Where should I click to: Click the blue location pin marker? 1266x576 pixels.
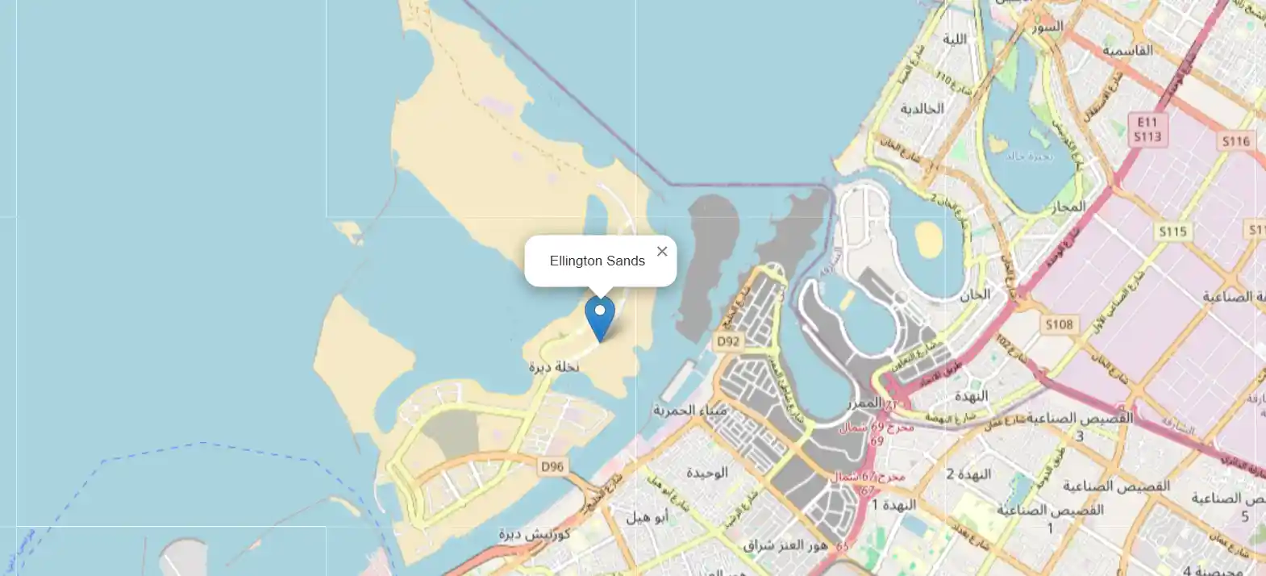coord(599,317)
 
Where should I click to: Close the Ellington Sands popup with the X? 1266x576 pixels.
coord(662,252)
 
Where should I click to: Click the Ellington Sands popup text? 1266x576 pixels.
coord(598,261)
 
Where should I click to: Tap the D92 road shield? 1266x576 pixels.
coord(728,341)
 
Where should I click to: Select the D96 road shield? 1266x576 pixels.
coord(552,466)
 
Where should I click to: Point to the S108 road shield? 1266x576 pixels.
coord(1059,324)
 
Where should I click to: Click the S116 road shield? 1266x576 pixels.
coord(1235,141)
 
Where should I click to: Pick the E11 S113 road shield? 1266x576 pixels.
coord(1147,129)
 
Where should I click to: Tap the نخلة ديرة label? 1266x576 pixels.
coord(554,367)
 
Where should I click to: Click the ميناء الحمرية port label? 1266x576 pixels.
coord(689,410)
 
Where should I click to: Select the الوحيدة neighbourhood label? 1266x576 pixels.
coord(706,473)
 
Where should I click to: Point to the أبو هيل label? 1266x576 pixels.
coord(647,517)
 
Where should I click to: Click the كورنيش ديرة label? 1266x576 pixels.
coord(534,534)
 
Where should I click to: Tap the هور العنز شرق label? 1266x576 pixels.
coord(785,545)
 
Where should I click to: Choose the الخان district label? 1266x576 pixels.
coord(974,294)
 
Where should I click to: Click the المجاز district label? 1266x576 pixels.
coord(1068,207)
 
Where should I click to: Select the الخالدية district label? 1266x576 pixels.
coord(922,109)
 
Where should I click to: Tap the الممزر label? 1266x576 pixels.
coord(864,403)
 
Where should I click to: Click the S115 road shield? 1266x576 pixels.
coord(1172,232)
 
